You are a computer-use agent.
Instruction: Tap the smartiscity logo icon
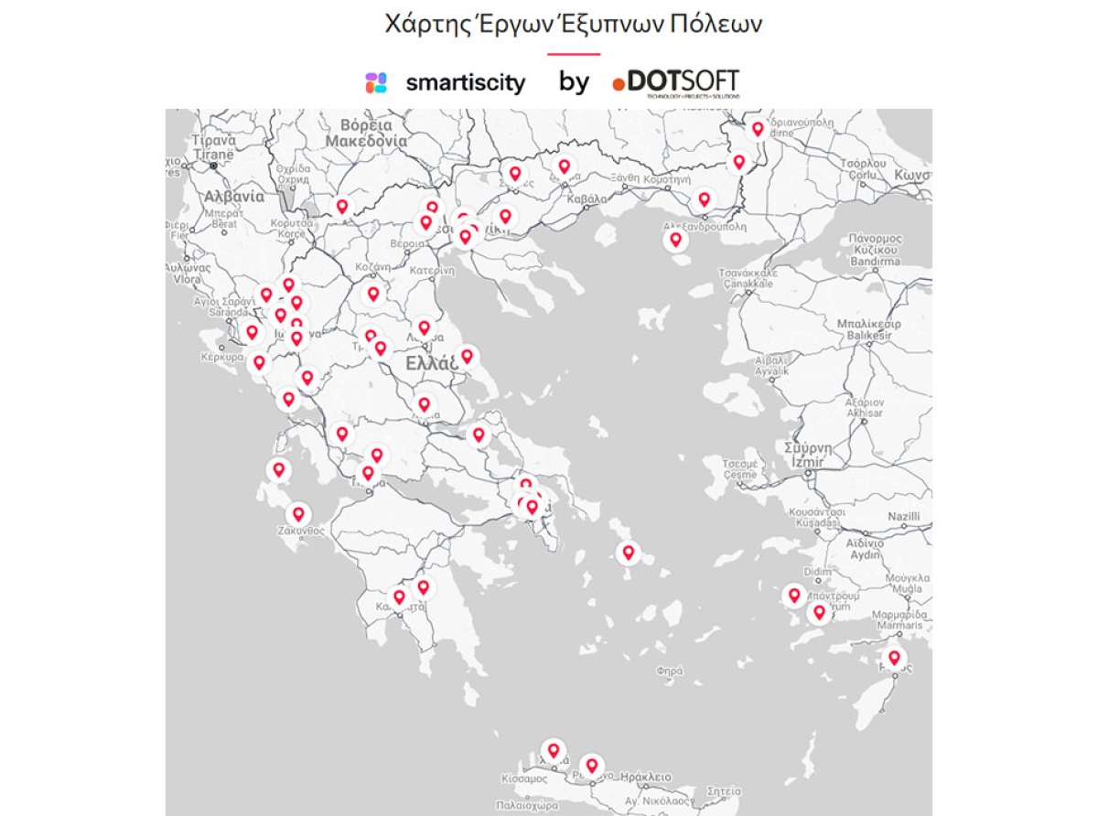(376, 83)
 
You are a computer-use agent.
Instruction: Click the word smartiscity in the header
(466, 83)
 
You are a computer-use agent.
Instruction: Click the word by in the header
(574, 82)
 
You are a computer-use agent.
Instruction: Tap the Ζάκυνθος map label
(301, 531)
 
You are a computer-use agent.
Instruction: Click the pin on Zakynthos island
(297, 515)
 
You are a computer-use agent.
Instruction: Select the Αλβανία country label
(233, 197)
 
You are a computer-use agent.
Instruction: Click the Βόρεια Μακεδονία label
(366, 133)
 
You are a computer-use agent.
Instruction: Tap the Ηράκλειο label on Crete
(645, 778)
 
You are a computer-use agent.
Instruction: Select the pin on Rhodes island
(894, 657)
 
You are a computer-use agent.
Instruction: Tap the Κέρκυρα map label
(222, 357)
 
